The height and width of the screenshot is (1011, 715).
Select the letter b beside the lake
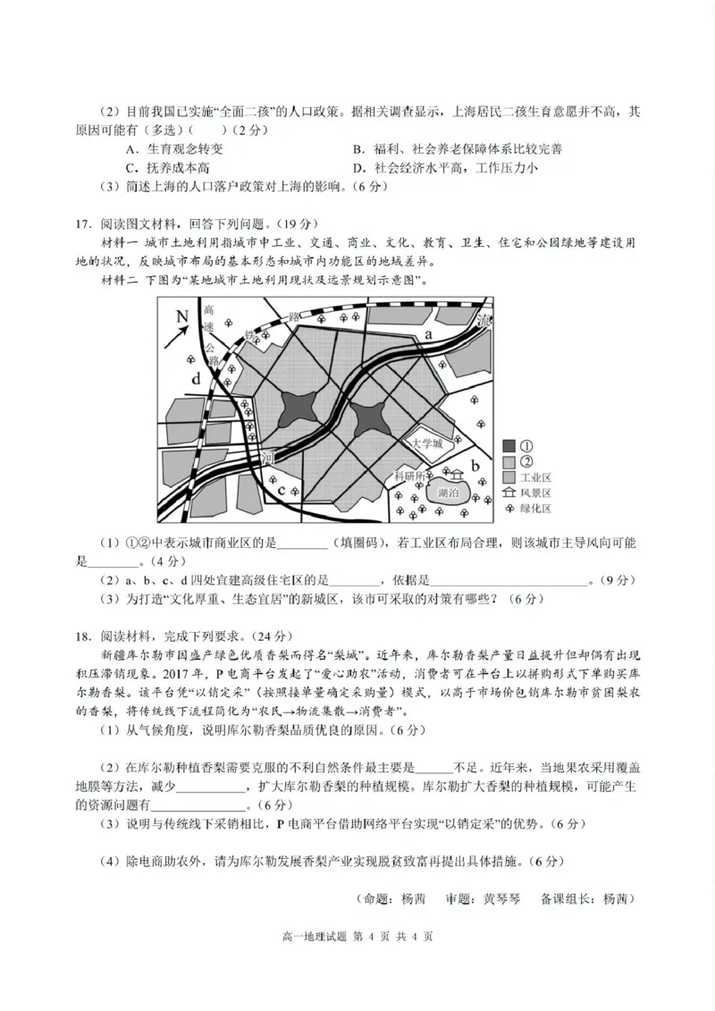click(x=475, y=466)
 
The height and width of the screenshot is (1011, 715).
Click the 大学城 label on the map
click(x=426, y=443)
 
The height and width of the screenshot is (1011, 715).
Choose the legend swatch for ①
click(x=509, y=445)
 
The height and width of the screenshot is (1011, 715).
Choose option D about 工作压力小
click(x=444, y=167)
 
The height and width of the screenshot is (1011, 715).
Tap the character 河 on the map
click(x=266, y=456)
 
